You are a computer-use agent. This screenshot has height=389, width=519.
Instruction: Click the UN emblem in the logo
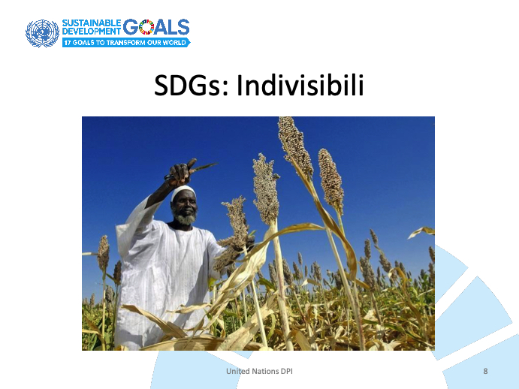pos(42,34)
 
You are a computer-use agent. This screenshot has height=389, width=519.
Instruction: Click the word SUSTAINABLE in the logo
pos(92,23)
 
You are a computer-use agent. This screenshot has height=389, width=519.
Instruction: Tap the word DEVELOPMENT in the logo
pos(92,31)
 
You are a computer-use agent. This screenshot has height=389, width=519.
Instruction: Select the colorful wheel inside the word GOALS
pos(146,27)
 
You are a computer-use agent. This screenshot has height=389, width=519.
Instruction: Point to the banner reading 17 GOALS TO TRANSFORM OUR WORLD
pos(126,42)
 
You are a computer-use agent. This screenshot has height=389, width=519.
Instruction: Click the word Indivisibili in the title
pos(300,86)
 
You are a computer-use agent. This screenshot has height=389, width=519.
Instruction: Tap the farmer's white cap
pos(183,192)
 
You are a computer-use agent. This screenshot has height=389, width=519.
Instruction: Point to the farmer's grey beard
pos(185,219)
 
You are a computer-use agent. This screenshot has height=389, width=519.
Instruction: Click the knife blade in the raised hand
pos(204,167)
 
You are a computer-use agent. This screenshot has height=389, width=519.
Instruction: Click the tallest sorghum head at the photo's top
pos(295,146)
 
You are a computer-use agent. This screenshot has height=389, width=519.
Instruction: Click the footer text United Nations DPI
pos(259,371)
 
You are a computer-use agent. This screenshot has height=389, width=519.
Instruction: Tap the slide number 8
pos(485,371)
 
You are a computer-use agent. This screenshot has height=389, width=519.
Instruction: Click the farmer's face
pos(184,207)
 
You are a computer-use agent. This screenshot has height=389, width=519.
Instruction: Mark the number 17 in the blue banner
pos(67,43)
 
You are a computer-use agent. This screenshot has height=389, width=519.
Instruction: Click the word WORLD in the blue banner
pos(174,43)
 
